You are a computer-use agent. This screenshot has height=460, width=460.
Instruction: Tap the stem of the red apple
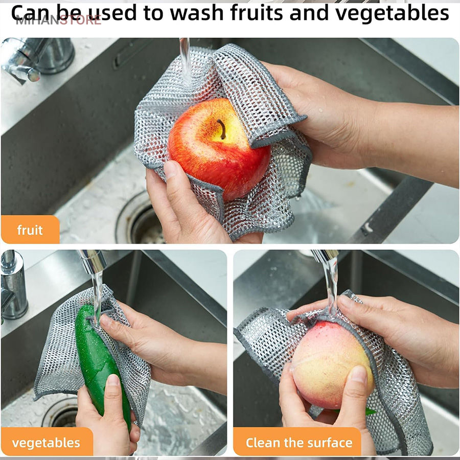coord(222,129)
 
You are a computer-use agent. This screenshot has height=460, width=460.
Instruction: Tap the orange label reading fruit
coord(30,229)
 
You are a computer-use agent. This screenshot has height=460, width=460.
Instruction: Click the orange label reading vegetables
coord(47,443)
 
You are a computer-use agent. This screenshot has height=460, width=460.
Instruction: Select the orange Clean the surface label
coord(297,443)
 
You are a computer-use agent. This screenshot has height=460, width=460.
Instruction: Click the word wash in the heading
coord(197,13)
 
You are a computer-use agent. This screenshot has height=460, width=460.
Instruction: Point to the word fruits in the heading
coord(257,13)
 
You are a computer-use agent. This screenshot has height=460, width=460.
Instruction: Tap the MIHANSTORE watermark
coord(58,20)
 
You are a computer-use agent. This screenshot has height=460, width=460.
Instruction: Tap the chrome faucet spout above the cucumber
coord(93,261)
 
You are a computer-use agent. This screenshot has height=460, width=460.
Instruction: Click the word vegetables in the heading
coord(392,14)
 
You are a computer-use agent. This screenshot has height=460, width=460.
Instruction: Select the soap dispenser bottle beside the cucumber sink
coord(13,285)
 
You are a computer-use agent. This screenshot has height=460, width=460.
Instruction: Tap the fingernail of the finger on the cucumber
coord(113,380)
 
